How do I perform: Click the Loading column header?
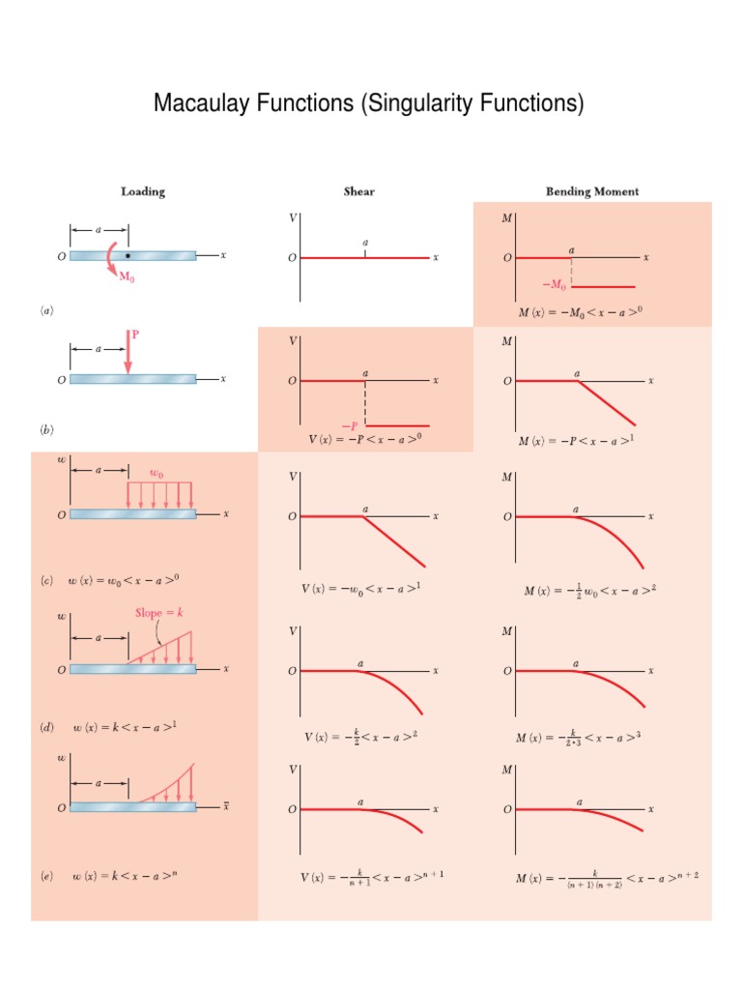143,191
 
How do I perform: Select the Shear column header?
359,191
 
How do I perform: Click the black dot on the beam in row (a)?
128,256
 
